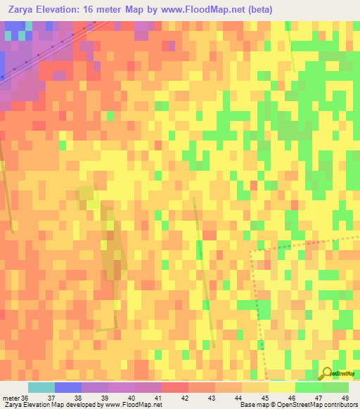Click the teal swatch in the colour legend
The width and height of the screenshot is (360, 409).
[x=41, y=387]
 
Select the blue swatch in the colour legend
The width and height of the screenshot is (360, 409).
[x=68, y=387]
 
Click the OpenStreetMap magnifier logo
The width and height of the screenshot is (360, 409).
[x=327, y=374]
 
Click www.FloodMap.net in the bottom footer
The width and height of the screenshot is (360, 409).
[x=137, y=405]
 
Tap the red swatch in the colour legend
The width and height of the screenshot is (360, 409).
[x=175, y=387]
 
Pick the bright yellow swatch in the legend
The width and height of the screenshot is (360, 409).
[x=282, y=387]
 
